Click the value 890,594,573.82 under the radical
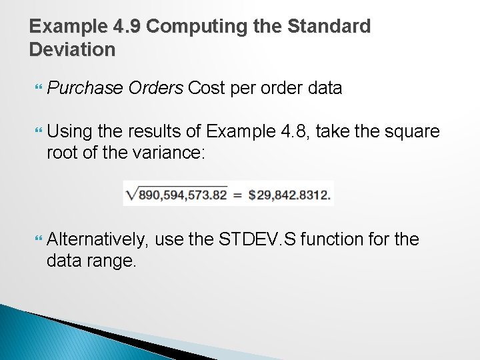click(x=181, y=195)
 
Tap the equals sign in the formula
click(x=237, y=195)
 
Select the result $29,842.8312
click(x=290, y=195)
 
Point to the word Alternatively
click(x=98, y=239)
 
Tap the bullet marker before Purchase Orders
click(x=37, y=88)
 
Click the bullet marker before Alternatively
click(x=37, y=239)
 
